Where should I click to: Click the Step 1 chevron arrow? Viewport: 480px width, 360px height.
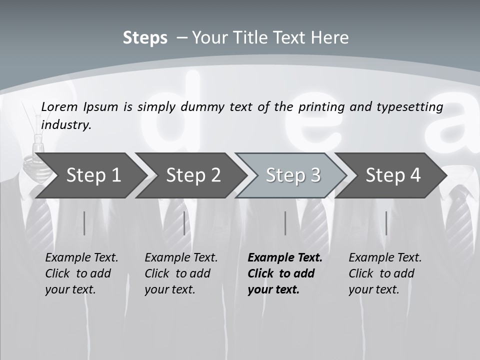click(x=93, y=175)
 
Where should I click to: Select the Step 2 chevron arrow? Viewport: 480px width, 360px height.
click(x=193, y=175)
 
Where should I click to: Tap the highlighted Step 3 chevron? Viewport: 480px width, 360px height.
click(x=293, y=175)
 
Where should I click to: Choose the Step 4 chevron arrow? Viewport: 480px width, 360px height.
click(x=393, y=175)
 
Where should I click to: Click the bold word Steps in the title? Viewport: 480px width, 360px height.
click(x=145, y=38)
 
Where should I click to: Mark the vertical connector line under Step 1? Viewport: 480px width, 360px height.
click(x=84, y=223)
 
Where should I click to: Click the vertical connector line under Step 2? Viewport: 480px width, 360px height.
click(x=184, y=223)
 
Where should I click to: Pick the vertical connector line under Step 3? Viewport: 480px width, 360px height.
click(x=285, y=223)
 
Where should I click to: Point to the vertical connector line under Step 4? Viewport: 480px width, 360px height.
click(x=386, y=223)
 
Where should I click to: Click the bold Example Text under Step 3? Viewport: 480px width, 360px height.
click(x=285, y=257)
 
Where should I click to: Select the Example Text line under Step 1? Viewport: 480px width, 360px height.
click(x=81, y=257)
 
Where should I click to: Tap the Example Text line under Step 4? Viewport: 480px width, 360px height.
click(x=385, y=257)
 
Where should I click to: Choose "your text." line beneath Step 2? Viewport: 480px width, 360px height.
click(x=169, y=289)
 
